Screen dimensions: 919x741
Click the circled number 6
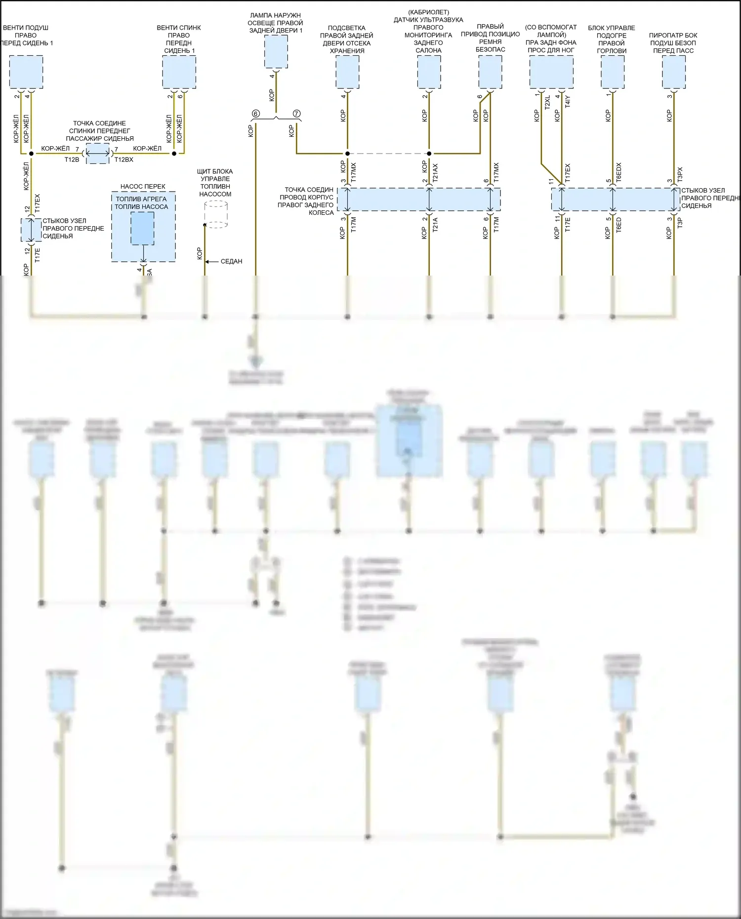coord(255,114)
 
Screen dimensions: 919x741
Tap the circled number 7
coord(296,114)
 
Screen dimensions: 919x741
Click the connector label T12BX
coord(124,160)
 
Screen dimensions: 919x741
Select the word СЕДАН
coord(231,261)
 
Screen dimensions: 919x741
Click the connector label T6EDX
coord(619,172)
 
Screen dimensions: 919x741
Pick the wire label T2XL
coord(547,103)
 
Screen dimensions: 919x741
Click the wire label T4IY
coord(568,102)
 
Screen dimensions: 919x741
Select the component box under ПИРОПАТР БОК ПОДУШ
coord(673,72)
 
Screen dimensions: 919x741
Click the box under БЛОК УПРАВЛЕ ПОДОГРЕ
coord(612,72)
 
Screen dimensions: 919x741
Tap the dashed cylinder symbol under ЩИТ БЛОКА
coord(216,214)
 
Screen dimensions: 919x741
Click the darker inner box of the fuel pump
coord(142,228)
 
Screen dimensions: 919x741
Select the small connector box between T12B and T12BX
coord(98,154)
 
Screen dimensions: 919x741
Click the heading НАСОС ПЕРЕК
coord(143,187)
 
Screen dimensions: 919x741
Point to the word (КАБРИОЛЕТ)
coord(428,12)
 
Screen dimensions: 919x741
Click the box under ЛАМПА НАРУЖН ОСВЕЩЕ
coord(276,52)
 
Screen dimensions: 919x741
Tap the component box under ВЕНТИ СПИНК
coord(179,72)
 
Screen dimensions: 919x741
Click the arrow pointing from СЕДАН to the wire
coord(211,261)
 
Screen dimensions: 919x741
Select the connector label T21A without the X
coord(435,225)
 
